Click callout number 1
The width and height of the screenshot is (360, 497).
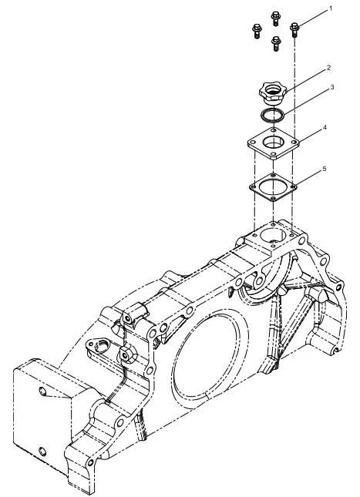(x=331, y=8)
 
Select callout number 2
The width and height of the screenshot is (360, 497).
(x=329, y=68)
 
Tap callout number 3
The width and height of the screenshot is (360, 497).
(x=332, y=87)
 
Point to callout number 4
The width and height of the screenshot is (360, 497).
(x=325, y=127)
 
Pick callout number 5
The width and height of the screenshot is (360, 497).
(x=325, y=169)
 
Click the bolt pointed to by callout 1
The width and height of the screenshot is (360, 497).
(x=294, y=29)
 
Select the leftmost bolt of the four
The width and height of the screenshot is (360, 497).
(x=257, y=31)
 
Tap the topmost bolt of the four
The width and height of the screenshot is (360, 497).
(x=276, y=18)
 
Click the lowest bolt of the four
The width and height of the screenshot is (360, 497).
(x=276, y=43)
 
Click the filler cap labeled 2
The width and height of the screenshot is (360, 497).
(x=272, y=93)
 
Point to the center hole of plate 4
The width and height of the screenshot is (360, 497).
(x=273, y=142)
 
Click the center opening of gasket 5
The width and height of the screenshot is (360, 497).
(x=273, y=187)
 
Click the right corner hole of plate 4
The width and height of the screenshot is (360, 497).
(x=294, y=143)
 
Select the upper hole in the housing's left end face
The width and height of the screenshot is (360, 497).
(x=42, y=391)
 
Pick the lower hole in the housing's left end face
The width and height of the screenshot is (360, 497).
(x=42, y=452)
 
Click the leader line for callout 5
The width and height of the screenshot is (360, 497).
(x=308, y=178)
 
